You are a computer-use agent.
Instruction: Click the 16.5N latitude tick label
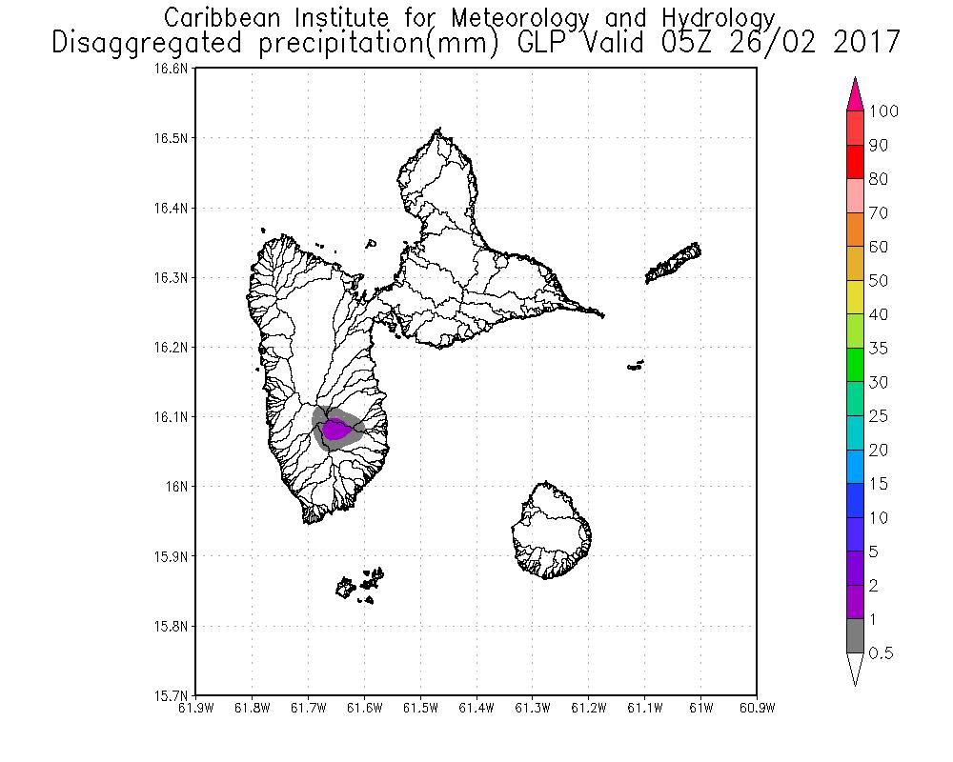point(175,138)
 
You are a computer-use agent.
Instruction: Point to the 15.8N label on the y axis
point(175,626)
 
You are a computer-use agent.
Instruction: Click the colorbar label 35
point(878,349)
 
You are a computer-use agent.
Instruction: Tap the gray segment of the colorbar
point(855,636)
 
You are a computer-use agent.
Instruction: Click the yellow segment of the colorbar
point(855,297)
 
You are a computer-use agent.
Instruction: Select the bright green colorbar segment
point(855,365)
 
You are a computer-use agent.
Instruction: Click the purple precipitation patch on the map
point(335,431)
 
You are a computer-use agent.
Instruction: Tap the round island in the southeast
point(551,531)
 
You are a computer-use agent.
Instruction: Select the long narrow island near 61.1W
point(675,263)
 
